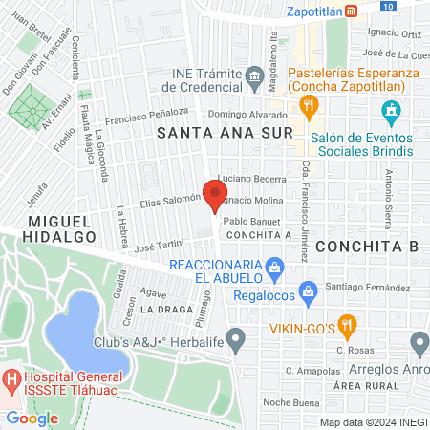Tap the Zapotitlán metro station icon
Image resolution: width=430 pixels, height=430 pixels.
point(353,11)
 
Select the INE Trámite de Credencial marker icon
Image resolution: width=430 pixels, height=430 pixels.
point(254,75)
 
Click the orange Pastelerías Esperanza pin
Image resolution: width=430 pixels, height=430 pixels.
point(311,107)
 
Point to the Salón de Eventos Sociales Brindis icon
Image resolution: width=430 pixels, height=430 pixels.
point(391,116)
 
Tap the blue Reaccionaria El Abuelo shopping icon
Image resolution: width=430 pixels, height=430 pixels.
point(275,266)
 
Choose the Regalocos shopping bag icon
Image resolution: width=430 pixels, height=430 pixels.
point(308,290)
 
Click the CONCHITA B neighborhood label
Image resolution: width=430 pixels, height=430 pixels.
point(367,246)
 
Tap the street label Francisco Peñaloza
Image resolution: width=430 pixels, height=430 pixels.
point(146,118)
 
